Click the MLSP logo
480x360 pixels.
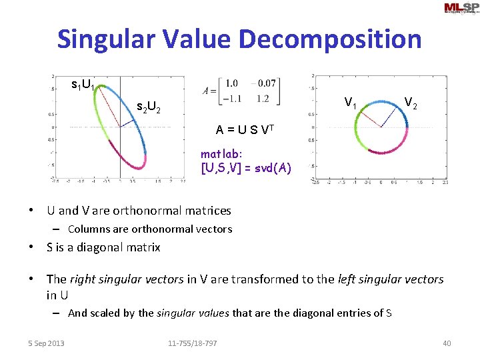tap(461, 9)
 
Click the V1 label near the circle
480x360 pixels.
tap(350, 103)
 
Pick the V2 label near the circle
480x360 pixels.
tap(411, 103)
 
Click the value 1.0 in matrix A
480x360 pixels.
tap(231, 83)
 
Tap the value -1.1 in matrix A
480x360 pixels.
tap(231, 99)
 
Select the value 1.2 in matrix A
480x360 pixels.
tap(263, 99)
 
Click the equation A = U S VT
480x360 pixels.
tap(245, 130)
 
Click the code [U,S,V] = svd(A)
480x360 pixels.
tap(245, 168)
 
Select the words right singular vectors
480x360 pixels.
tap(141, 279)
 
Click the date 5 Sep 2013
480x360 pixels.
tap(47, 343)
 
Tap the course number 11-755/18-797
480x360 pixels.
tap(192, 343)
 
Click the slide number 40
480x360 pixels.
tap(447, 343)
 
